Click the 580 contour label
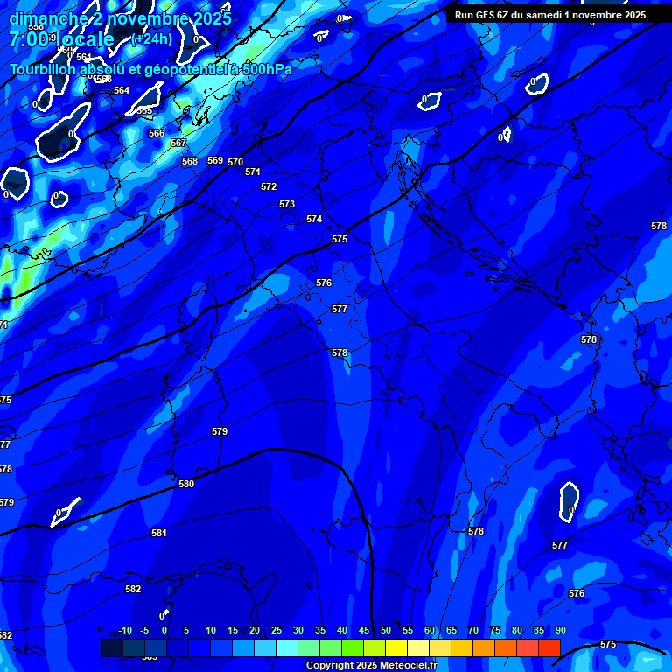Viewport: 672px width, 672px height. pos(186,484)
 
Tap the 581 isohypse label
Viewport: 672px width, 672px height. pos(158,533)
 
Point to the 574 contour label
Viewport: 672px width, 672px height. pos(314,219)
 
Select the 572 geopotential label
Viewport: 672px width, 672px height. pos(269,186)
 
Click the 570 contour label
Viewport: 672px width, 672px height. pos(235,162)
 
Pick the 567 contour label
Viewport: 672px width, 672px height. pos(178,143)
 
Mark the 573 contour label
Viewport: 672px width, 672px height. pos(287,204)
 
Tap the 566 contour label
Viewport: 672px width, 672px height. pos(157,133)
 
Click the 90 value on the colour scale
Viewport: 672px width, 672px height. pos(560,630)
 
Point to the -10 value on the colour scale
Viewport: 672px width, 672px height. pos(125,630)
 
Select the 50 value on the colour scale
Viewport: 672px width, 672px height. pos(386,630)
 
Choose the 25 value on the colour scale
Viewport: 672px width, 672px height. pos(276,630)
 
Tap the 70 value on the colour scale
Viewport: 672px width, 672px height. pos(473,630)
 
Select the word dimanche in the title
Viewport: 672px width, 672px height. pos(47,18)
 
